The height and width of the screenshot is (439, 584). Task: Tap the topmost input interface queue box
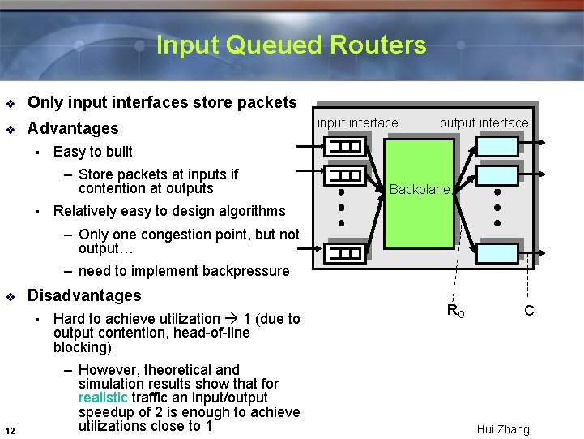click(x=343, y=147)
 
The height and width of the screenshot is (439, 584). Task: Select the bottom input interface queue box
click(x=343, y=252)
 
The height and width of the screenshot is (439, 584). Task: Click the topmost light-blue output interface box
click(x=497, y=146)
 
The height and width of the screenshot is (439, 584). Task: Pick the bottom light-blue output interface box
click(x=497, y=252)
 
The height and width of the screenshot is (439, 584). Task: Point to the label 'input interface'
click(x=357, y=123)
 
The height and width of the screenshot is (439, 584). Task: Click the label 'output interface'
click(x=484, y=123)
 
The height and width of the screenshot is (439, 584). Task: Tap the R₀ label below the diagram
click(x=456, y=310)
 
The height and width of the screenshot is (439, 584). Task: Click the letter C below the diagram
click(x=529, y=310)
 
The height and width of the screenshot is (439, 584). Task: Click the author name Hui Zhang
click(x=503, y=429)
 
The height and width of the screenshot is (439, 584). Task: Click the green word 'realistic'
click(x=103, y=398)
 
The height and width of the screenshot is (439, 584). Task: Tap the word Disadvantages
click(x=84, y=295)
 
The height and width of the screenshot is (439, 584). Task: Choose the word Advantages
click(x=73, y=128)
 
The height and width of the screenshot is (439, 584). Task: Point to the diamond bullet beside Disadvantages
click(x=10, y=296)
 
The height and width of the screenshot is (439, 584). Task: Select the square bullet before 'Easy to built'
click(x=36, y=152)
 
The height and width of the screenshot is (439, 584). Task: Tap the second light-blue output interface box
click(x=497, y=176)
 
